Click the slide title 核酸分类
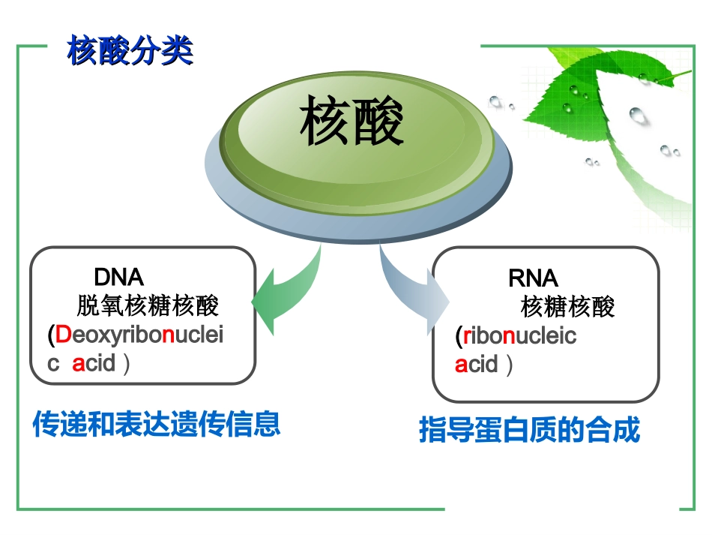click(x=130, y=51)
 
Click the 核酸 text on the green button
click(x=352, y=122)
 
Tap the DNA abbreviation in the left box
click(x=118, y=277)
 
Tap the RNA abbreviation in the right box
click(x=533, y=278)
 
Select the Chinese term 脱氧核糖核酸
click(x=147, y=306)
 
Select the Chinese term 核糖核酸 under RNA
click(x=567, y=307)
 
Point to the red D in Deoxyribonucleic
click(x=63, y=335)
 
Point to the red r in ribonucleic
click(x=466, y=336)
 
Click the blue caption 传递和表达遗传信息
click(x=156, y=424)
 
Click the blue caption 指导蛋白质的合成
click(x=529, y=431)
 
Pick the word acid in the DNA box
click(x=94, y=364)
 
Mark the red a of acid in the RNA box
click(x=461, y=365)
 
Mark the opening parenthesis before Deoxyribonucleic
click(x=51, y=335)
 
